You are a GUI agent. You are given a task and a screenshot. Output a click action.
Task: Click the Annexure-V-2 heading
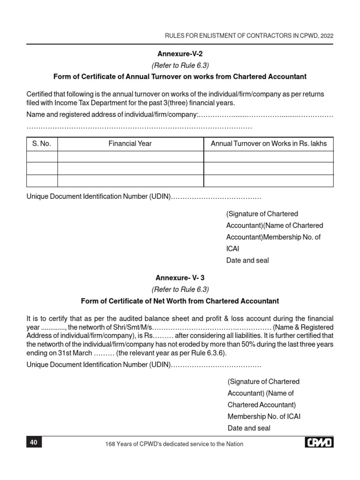click(180, 54)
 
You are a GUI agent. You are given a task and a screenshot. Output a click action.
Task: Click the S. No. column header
click(42, 143)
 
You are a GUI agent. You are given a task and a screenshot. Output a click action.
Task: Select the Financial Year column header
click(130, 143)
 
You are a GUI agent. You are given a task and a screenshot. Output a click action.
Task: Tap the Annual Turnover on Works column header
click(269, 143)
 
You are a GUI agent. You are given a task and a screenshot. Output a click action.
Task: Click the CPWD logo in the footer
click(319, 442)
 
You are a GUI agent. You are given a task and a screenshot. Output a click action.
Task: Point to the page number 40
click(34, 442)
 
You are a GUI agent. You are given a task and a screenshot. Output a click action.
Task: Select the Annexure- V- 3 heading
click(180, 277)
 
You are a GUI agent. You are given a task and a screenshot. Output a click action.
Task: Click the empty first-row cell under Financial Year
click(130, 157)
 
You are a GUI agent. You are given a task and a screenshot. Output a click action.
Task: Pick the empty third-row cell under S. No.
click(42, 180)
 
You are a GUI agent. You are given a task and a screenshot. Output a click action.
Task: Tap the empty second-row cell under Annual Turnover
click(269, 168)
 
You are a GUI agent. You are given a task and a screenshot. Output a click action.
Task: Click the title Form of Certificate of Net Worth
click(180, 301)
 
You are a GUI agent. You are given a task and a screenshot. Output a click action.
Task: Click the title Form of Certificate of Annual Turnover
click(180, 76)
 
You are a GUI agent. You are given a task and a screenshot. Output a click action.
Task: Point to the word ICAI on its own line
click(232, 249)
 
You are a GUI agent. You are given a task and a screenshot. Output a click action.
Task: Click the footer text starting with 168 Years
click(175, 443)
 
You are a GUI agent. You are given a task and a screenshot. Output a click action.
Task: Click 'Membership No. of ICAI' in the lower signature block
click(264, 416)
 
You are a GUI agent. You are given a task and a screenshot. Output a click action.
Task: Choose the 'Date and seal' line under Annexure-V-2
click(247, 260)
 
